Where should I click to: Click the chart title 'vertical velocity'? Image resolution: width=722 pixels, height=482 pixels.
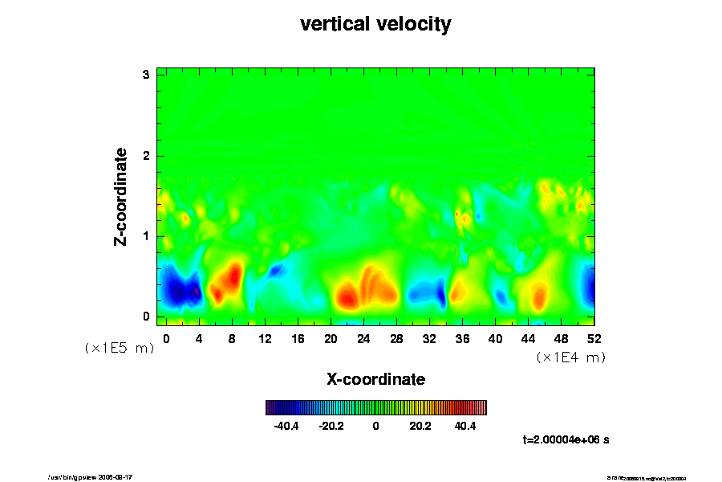pyautogui.click(x=375, y=24)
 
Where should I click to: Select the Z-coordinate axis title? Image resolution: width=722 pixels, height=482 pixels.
pyautogui.click(x=121, y=196)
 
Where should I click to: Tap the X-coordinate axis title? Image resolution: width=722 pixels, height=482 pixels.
pyautogui.click(x=375, y=378)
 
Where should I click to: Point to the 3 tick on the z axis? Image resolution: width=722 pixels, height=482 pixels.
pyautogui.click(x=147, y=75)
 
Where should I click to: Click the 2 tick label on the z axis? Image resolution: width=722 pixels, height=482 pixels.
pyautogui.click(x=147, y=155)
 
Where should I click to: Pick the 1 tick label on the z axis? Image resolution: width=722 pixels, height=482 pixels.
pyautogui.click(x=147, y=235)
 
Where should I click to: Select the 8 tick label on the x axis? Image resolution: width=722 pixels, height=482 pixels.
pyautogui.click(x=232, y=338)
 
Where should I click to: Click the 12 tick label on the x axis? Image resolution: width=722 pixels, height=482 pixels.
pyautogui.click(x=264, y=338)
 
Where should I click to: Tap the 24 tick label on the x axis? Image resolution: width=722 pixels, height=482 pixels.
pyautogui.click(x=363, y=338)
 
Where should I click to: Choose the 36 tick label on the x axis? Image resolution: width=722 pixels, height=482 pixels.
pyautogui.click(x=462, y=338)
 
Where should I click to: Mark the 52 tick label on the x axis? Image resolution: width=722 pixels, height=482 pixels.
pyautogui.click(x=594, y=338)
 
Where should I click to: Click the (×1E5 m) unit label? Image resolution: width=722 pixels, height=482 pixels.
pyautogui.click(x=119, y=348)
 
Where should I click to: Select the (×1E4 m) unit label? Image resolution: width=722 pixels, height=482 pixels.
pyautogui.click(x=570, y=357)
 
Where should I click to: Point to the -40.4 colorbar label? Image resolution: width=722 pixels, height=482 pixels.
pyautogui.click(x=286, y=426)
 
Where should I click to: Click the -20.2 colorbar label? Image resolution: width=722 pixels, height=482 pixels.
pyautogui.click(x=331, y=426)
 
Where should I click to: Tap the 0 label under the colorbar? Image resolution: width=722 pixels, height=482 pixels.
pyautogui.click(x=375, y=426)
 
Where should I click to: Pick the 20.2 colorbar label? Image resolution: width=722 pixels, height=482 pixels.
pyautogui.click(x=420, y=426)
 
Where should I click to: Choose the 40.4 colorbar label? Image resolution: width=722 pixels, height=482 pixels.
pyautogui.click(x=465, y=426)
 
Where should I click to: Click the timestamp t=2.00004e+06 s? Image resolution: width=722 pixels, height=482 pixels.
pyautogui.click(x=566, y=439)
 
